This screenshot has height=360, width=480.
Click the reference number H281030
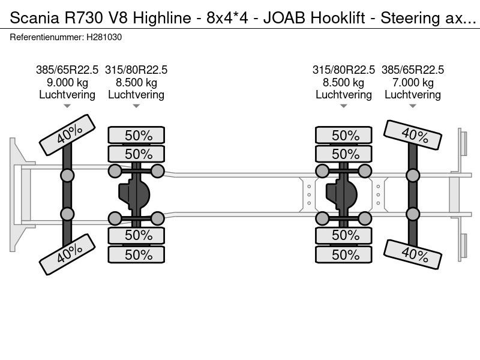pyautogui.click(x=104, y=37)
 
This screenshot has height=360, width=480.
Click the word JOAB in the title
pyautogui.click(x=284, y=18)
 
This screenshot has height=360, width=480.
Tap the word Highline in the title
pyautogui.click(x=162, y=18)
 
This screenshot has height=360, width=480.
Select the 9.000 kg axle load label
pyautogui.click(x=67, y=83)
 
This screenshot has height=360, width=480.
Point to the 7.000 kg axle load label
pyautogui.click(x=413, y=83)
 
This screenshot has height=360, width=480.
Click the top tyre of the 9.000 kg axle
pyautogui.click(x=67, y=134)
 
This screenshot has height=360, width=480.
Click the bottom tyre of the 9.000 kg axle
pyautogui.click(x=67, y=254)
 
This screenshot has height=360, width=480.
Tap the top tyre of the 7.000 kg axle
pyautogui.click(x=413, y=135)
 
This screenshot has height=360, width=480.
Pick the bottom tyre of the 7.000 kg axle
pyautogui.click(x=413, y=254)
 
